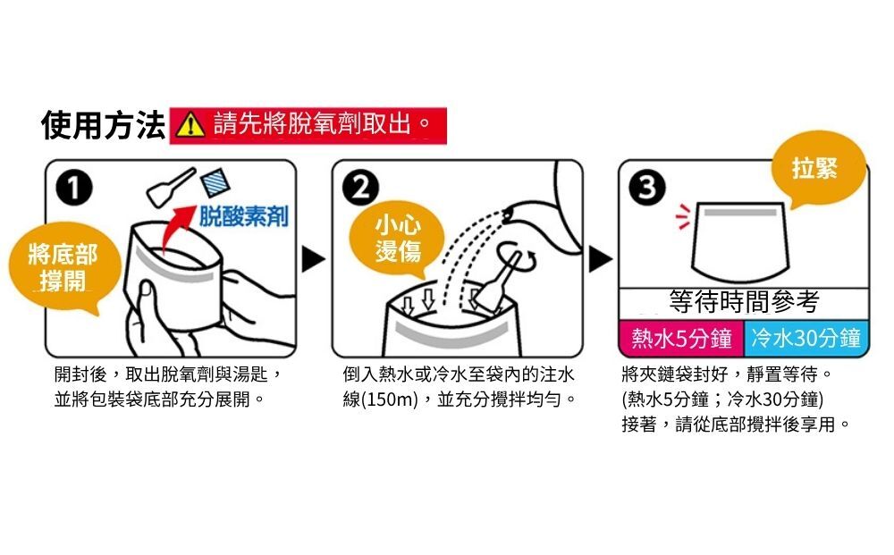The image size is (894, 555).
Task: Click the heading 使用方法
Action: (x=103, y=125)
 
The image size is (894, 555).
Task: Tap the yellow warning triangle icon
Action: (x=190, y=125)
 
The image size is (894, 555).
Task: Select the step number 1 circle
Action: (x=74, y=188)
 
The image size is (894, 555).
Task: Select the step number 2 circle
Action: (x=360, y=188)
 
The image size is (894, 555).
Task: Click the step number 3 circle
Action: (x=647, y=187)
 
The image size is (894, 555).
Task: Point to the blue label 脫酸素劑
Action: (x=243, y=216)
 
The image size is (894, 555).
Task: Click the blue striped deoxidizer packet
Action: (x=215, y=182)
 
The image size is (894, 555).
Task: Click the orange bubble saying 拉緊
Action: (x=816, y=168)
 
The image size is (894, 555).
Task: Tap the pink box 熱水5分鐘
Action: (x=681, y=339)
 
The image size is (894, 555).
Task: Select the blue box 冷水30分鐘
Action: (x=806, y=339)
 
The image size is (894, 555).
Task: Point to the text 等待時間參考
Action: (x=744, y=302)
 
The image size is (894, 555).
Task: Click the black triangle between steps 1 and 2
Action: (x=313, y=259)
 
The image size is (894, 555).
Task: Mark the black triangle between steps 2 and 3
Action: (x=600, y=259)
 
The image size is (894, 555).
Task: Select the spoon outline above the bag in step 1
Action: (x=170, y=187)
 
